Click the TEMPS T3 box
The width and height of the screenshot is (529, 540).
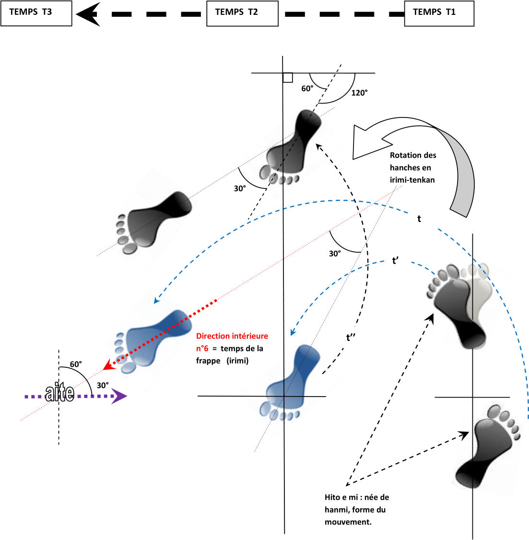36,13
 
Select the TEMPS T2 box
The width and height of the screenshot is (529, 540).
242,13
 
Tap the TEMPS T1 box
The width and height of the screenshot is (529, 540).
439,13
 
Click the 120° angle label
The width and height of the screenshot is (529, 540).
359,93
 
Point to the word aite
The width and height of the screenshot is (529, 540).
60,393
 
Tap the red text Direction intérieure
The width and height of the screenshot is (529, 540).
232,336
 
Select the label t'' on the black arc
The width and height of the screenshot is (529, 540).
351,338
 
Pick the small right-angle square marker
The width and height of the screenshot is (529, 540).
288,78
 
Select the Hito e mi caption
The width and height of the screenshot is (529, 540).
357,509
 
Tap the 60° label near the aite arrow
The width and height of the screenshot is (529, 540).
76,364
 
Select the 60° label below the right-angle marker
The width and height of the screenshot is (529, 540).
307,89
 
